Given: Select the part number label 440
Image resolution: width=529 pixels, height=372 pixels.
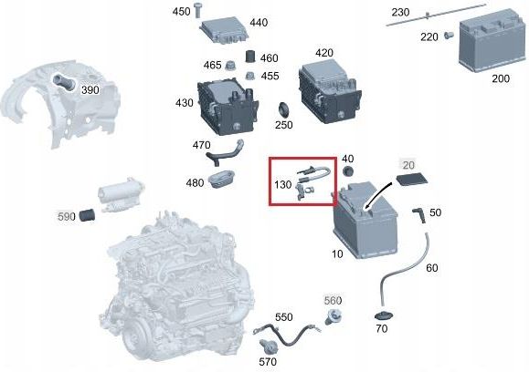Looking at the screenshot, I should click(x=259, y=23).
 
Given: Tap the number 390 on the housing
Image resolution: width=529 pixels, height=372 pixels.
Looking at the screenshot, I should click(x=90, y=91).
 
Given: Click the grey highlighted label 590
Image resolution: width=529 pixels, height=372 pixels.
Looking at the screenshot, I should click(x=66, y=217).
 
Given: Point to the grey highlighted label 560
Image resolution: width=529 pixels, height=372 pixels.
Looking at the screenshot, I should click(x=332, y=300).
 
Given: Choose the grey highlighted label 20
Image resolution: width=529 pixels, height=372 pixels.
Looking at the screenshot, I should click(x=407, y=164).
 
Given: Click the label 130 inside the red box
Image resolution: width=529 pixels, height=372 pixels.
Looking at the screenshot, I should click(x=282, y=184).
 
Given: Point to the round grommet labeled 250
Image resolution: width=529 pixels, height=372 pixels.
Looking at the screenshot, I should click(x=284, y=110).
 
